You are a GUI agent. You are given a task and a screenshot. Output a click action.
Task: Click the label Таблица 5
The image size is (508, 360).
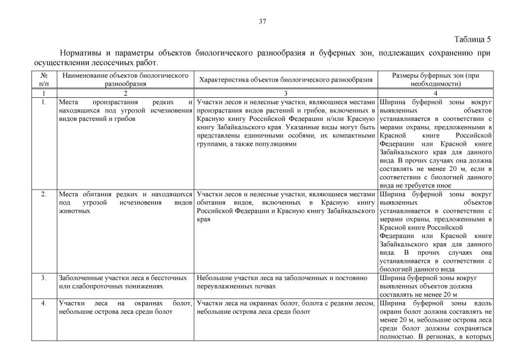pos(472,39)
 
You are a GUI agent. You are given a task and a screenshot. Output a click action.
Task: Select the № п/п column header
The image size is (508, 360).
pos(44,79)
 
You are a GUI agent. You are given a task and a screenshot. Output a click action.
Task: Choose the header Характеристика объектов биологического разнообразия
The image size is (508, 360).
pos(286,80)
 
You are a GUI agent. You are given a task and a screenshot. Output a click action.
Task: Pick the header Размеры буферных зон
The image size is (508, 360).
pos(436,79)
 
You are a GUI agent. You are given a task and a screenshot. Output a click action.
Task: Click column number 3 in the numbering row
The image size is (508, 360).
pos(286,92)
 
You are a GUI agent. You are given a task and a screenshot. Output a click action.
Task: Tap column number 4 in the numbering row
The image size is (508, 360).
pos(436,92)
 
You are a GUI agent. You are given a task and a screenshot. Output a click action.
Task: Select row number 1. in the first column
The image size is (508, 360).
pos(44,102)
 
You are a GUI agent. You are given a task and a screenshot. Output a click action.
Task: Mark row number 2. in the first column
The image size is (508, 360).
pos(44,194)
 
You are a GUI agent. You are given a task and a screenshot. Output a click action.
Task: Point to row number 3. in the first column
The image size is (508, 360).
pos(44,278)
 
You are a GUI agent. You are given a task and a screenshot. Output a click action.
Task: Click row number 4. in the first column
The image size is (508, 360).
pos(44,304)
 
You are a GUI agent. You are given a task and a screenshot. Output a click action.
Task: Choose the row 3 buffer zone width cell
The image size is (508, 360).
pos(436,286)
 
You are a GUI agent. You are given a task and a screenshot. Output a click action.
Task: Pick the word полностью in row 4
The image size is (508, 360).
pos(397,337)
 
